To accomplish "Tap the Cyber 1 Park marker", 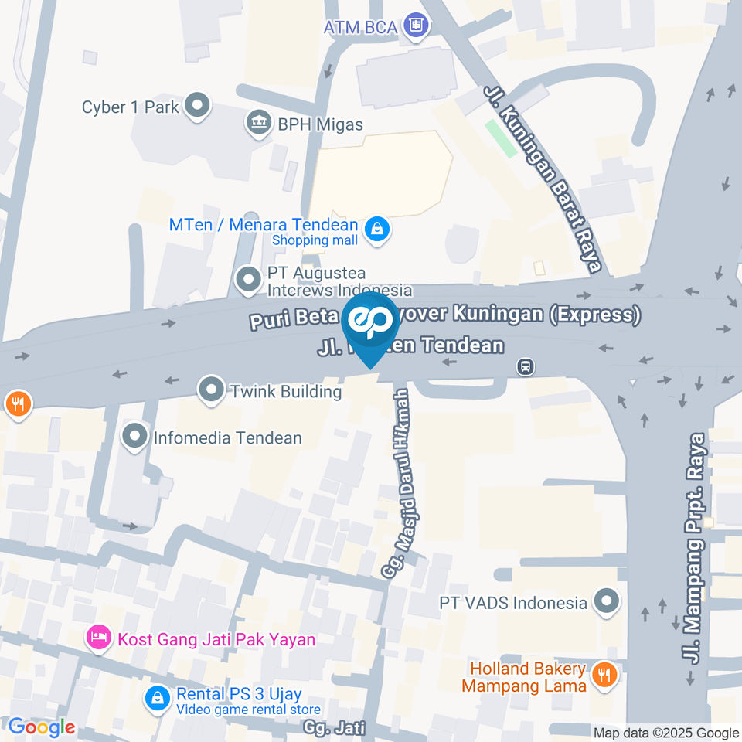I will coord(198,106).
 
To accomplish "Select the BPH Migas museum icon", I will coord(257,123).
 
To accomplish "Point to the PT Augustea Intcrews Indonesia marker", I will coord(248,281).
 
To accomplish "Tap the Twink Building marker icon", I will coord(210,390).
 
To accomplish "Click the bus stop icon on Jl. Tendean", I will coord(526,366).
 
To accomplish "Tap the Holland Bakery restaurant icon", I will coord(604,676).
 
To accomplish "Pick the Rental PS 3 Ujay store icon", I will coord(158,699).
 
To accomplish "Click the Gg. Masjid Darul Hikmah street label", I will coord(397,482).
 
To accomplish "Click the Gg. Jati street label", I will coord(334,728).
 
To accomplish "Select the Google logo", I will coord(41,727).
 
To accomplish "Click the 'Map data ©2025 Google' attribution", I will coord(666,733).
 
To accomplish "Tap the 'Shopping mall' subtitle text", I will coord(315,240).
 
